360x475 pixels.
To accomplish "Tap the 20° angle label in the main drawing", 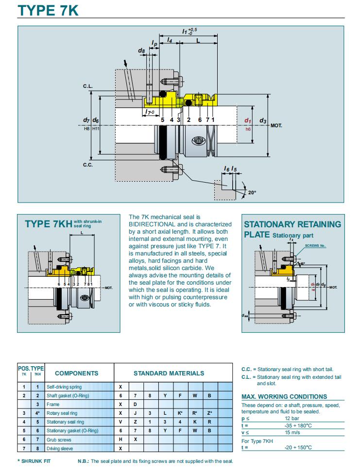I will [x=252, y=192].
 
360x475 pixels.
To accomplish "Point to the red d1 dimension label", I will [x=247, y=120].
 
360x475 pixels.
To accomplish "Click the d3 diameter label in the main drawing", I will [x=262, y=120].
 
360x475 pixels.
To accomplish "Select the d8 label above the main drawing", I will [x=141, y=50].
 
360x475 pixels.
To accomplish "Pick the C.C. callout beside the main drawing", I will [x=87, y=165].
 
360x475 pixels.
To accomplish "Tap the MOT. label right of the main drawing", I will [x=276, y=125].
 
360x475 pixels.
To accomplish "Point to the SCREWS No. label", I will [x=315, y=246].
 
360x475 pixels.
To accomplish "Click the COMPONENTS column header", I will [x=76, y=373].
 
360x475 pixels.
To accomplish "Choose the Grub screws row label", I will [x=59, y=440].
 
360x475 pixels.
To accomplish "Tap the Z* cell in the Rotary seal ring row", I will [x=209, y=413].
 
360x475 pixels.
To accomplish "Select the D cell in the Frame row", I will [x=135, y=404].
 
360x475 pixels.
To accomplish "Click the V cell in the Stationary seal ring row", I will [x=120, y=422].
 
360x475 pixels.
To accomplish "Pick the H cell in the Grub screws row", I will [x=120, y=440].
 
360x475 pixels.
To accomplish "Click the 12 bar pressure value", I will [x=292, y=418].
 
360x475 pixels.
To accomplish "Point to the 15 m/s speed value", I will [x=292, y=432].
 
